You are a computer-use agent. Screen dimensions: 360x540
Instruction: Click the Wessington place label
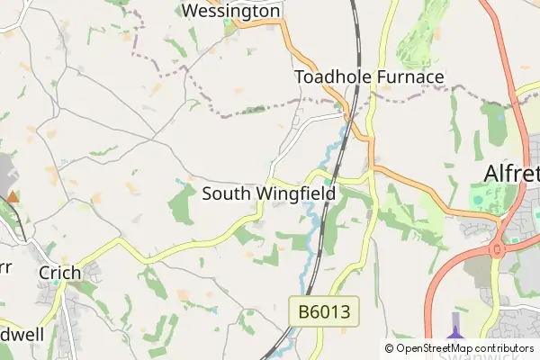tap(231, 11)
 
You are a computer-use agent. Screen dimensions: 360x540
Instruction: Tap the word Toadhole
tap(332, 77)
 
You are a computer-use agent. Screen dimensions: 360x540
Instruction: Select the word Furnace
tap(409, 77)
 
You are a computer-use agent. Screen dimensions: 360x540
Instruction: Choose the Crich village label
tap(59, 273)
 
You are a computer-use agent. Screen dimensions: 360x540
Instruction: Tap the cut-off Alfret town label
tap(511, 173)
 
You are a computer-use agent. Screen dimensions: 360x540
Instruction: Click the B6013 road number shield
tap(325, 312)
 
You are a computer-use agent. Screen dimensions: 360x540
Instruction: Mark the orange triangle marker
tap(13, 195)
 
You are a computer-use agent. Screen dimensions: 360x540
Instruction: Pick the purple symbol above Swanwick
tap(455, 326)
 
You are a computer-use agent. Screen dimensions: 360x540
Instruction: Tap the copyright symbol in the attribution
tap(390, 348)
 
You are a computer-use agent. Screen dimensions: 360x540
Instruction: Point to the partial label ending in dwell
tap(22, 334)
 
